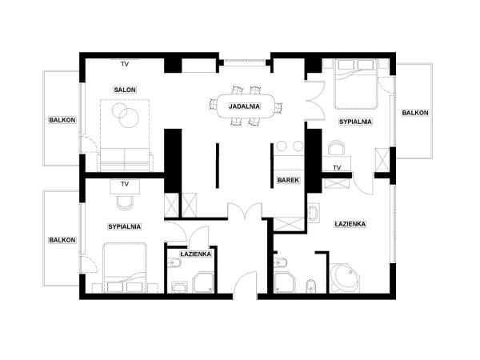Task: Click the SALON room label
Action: pos(123,90)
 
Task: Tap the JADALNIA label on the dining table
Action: pos(242,106)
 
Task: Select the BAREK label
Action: pos(288,181)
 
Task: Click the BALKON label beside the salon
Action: pos(62,120)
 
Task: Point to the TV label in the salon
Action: pos(124,63)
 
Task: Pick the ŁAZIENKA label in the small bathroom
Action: pos(195,254)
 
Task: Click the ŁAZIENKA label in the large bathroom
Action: pos(350,224)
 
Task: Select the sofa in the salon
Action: pos(125,160)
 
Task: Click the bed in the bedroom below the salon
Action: pos(125,267)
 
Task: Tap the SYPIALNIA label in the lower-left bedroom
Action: pos(124,226)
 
